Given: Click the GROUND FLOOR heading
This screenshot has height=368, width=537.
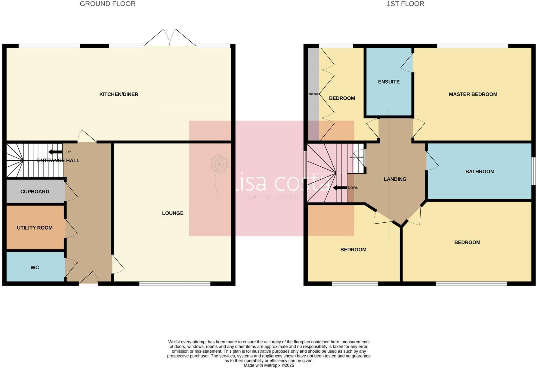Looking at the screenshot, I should point(107,4).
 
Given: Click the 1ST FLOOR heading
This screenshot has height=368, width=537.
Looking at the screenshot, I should point(405,4).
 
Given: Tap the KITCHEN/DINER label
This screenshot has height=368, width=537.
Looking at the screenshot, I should point(119,94).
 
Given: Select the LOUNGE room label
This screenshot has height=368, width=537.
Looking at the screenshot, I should point(172,213).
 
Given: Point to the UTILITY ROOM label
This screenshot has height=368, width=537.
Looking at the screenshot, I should point(35,228).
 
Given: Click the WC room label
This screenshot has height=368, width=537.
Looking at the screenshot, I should point(35,267).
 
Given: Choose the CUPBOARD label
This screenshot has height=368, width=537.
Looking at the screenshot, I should point(35,192).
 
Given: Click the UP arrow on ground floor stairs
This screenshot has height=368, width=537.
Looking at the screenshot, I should point(55,152).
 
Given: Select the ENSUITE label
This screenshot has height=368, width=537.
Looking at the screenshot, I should point(389,82).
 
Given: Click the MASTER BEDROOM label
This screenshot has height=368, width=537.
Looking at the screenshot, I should point(473,94).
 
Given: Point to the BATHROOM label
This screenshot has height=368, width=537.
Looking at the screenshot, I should point(480,172).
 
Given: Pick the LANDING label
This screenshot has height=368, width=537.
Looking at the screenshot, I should point(395,179).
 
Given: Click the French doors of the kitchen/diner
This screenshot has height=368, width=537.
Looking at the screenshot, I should point(170,39).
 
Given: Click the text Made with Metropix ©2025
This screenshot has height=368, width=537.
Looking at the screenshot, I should point(269,365).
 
